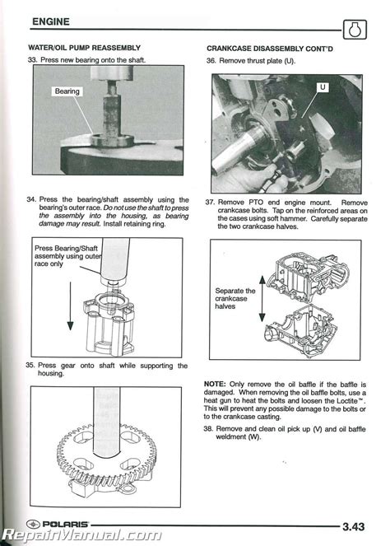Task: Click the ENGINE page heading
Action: [x=51, y=21]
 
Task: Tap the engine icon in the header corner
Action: [x=355, y=30]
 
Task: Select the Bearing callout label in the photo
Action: [x=67, y=91]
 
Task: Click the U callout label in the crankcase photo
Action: [x=323, y=87]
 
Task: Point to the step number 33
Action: [x=32, y=60]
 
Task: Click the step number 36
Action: [x=211, y=61]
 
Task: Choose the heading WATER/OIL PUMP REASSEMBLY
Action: [x=84, y=48]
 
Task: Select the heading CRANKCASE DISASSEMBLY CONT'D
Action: [x=270, y=49]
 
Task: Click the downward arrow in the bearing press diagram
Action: [x=70, y=306]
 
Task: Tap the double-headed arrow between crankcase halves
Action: [x=262, y=298]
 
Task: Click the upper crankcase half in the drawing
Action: [x=307, y=275]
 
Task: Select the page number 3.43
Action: [x=354, y=526]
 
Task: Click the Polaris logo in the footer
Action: [x=58, y=524]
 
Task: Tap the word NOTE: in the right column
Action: [x=215, y=384]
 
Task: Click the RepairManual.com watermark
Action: [x=82, y=535]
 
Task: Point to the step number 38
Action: [x=208, y=429]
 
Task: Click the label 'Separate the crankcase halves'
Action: [x=235, y=298]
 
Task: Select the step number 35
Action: [x=30, y=366]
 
